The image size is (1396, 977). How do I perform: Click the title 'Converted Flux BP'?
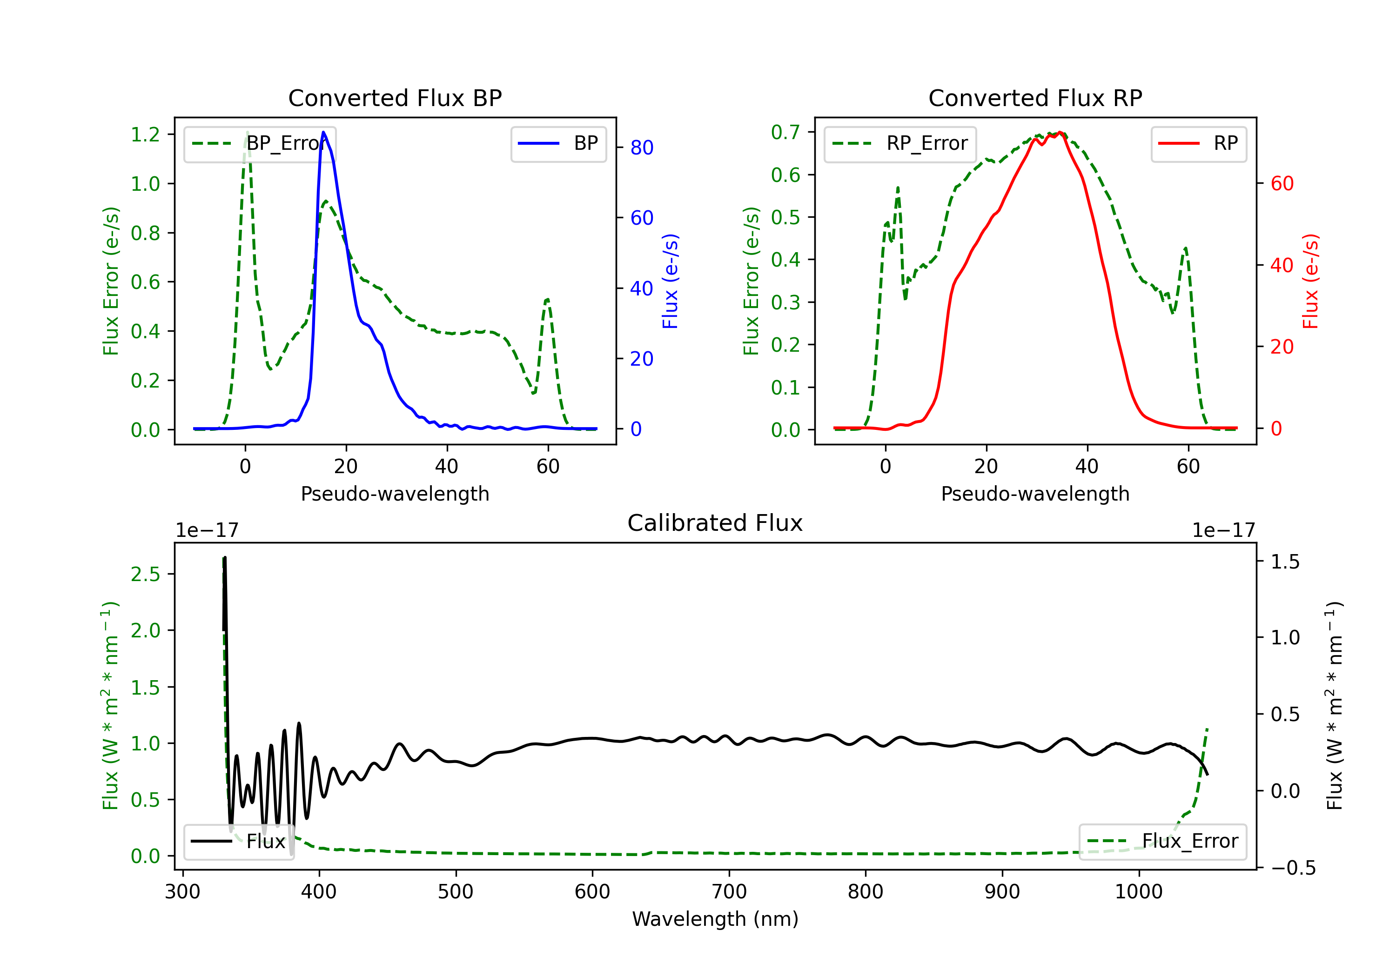[x=395, y=98]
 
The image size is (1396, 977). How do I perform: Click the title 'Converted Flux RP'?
[x=1035, y=98]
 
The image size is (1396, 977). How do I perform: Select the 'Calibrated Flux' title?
[x=715, y=523]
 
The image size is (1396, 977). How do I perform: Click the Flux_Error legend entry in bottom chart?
[x=1162, y=842]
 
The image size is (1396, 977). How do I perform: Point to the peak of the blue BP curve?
[x=323, y=132]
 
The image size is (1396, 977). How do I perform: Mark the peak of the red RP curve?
[x=1059, y=132]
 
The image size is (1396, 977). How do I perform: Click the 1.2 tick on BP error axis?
[x=145, y=134]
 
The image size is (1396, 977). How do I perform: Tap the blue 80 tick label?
[x=641, y=148]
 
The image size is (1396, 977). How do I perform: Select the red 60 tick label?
[x=1282, y=184]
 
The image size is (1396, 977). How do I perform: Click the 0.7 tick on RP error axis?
[x=785, y=133]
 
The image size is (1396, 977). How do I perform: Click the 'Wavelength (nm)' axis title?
[x=715, y=919]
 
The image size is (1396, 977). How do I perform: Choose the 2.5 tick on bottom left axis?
[x=145, y=574]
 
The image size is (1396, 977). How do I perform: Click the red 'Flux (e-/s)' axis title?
[x=1311, y=281]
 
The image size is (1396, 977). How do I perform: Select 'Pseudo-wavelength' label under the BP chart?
[x=395, y=494]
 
